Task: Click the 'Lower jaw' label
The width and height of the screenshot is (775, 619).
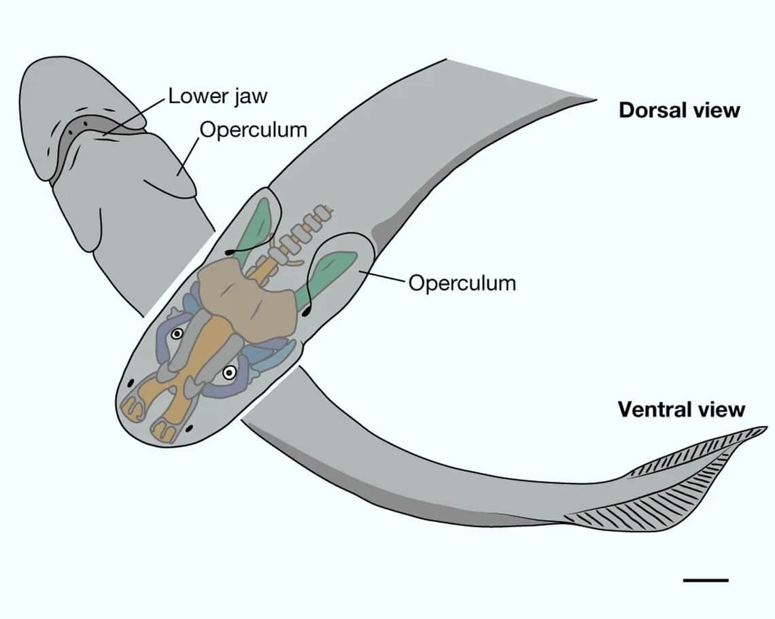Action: tap(218, 96)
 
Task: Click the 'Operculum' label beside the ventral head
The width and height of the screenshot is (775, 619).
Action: tap(253, 129)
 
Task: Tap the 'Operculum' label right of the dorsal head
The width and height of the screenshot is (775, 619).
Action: tap(462, 283)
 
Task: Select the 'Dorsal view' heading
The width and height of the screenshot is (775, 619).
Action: tap(678, 110)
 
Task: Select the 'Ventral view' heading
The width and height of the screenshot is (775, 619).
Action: tap(681, 410)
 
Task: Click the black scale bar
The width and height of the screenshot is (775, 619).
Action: tap(705, 580)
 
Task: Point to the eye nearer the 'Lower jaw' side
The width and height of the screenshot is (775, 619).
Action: tap(177, 334)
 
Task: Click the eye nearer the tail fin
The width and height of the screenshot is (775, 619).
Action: tap(230, 372)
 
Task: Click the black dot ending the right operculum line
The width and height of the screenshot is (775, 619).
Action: tap(305, 313)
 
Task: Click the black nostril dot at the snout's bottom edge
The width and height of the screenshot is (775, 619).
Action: tap(189, 428)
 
